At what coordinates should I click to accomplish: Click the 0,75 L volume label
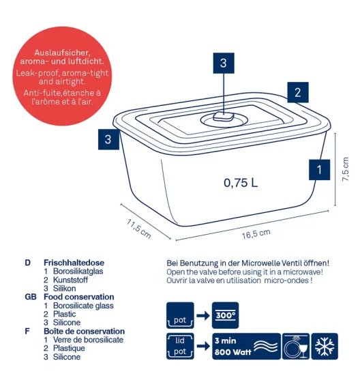coord(241,183)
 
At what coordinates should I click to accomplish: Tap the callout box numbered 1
coord(319,170)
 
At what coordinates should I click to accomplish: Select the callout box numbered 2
coord(298,92)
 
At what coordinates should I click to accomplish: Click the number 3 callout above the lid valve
coord(224,63)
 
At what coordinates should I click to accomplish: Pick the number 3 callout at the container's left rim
coord(108,139)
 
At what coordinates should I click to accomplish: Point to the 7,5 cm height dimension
coord(345,169)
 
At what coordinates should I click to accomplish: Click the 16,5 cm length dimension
coord(256,234)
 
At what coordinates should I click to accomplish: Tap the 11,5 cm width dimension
coord(138,229)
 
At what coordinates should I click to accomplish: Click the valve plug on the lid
coord(224,116)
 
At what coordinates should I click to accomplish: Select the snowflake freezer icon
coord(325,347)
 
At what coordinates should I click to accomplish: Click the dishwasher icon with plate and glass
coord(296,347)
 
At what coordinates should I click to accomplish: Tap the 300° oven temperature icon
coord(225,315)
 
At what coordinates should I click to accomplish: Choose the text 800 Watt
coord(232,352)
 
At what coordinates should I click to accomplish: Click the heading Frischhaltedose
coord(74,263)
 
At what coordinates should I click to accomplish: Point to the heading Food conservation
coord(79,297)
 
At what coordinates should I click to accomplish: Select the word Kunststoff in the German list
coord(70,280)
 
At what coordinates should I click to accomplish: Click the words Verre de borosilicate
coord(88,340)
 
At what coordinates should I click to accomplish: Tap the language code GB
coord(31,297)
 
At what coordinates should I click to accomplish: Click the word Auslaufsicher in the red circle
coord(62,53)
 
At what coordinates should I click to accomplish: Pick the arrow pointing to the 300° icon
coord(203,316)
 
